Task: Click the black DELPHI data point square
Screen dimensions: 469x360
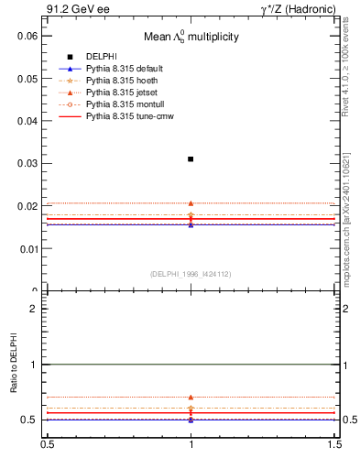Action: (x=191, y=159)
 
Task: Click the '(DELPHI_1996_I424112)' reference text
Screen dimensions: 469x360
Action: (x=191, y=274)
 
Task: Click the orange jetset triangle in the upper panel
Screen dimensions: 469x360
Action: (x=191, y=203)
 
